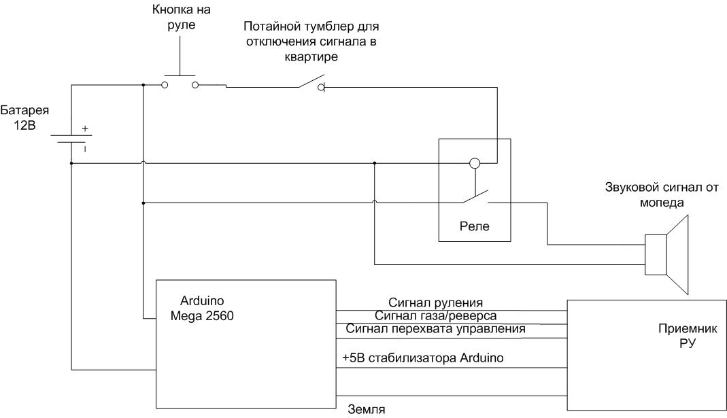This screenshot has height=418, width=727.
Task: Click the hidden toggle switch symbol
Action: pyautogui.click(x=310, y=85)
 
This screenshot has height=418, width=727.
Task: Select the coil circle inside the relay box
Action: pyautogui.click(x=475, y=164)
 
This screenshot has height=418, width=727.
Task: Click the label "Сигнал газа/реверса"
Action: pyautogui.click(x=435, y=315)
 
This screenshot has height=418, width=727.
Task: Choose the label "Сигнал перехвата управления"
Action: pyautogui.click(x=435, y=329)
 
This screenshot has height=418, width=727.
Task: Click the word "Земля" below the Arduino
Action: pyautogui.click(x=367, y=410)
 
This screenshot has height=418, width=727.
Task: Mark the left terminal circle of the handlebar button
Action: pyautogui.click(x=165, y=85)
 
